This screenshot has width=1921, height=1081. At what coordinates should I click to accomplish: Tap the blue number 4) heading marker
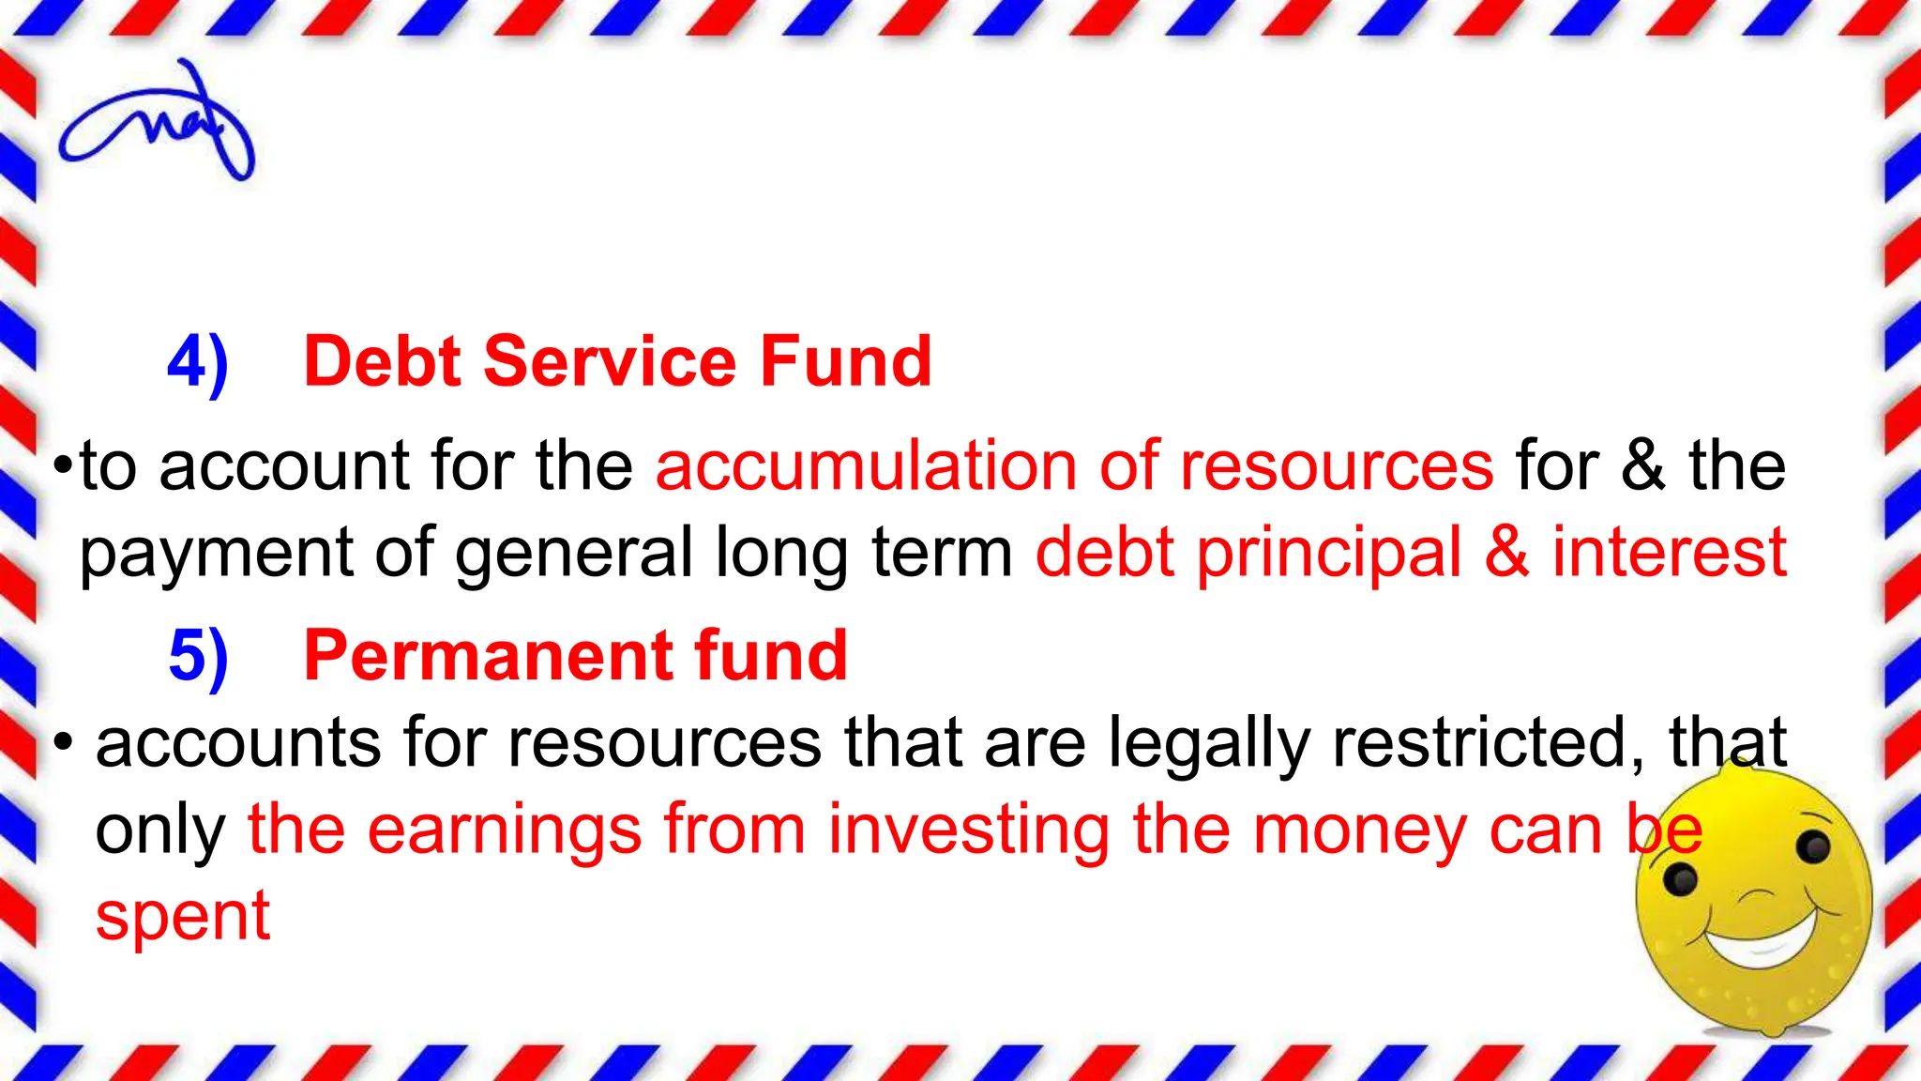198,363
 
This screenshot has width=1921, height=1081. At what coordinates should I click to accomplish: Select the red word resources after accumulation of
1336,465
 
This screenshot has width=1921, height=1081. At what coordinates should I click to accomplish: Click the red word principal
1328,554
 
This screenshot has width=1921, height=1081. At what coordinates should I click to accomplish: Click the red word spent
183,918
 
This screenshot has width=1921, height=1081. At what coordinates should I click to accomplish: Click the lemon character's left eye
1679,880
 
